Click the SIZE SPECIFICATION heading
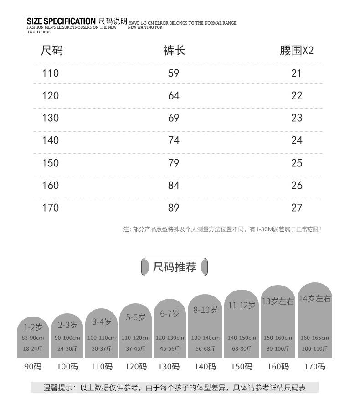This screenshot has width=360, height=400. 61,21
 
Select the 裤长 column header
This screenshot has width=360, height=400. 174,50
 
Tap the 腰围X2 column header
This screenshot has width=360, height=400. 297,50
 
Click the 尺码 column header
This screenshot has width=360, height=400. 51,50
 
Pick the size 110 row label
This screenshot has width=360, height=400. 50,73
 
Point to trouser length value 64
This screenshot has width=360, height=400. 174,96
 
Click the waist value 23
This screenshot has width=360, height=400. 297,118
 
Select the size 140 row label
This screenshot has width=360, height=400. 50,140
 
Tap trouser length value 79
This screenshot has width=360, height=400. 174,163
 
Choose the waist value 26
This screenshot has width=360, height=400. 297,185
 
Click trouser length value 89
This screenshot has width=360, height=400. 174,208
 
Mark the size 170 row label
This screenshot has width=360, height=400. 50,208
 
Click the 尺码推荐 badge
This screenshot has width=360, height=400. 175,267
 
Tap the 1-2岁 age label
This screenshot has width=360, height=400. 33,327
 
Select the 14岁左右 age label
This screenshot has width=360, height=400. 315,299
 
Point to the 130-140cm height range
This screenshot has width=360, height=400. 205,338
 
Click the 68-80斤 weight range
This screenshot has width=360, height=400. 242,348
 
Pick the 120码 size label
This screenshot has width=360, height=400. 135,366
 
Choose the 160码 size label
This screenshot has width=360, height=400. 278,366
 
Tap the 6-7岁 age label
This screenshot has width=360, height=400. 170,313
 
